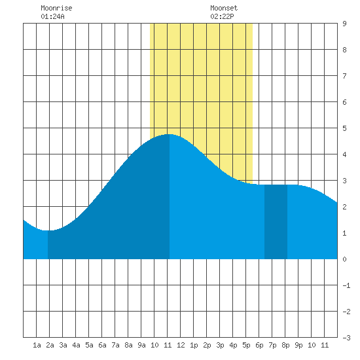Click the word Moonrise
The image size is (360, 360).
tap(56, 8)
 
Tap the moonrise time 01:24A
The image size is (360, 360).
tap(52, 16)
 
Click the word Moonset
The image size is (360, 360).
tap(224, 8)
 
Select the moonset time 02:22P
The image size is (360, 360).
tap(222, 16)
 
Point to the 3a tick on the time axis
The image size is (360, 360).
tap(63, 345)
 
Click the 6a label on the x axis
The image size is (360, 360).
tap(102, 345)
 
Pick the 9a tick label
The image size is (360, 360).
tap(141, 345)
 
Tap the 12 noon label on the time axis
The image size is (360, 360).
tap(181, 345)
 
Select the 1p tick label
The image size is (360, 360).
tap(194, 345)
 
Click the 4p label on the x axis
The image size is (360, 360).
tap(233, 345)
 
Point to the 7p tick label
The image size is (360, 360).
tap(272, 345)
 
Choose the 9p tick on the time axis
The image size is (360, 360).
tap(298, 345)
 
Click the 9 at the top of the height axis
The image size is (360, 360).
tap(344, 24)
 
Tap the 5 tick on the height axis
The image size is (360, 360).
tap(344, 128)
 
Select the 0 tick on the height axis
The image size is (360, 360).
tap(344, 259)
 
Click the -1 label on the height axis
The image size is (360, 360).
tap(346, 285)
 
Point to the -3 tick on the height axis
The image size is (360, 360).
tap(346, 338)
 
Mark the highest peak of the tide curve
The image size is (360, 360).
tap(170, 134)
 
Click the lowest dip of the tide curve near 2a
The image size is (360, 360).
tap(48, 230)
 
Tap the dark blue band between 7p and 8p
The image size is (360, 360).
tap(276, 221)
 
